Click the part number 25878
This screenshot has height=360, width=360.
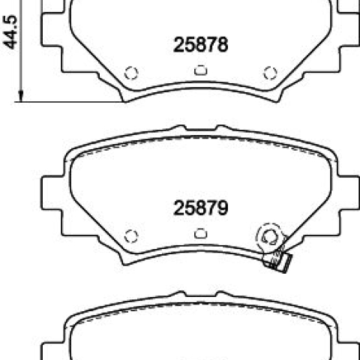pos(200,44)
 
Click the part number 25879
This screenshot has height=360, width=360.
pos(200,208)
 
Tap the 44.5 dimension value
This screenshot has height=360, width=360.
pos(10,32)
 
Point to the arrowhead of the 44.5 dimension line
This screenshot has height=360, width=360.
pos(21,97)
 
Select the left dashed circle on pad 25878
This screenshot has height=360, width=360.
pos(131,73)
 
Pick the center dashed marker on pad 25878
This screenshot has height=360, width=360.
pos(200,70)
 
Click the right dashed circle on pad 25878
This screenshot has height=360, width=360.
pos(270,73)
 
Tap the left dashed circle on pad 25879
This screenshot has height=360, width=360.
pos(131,235)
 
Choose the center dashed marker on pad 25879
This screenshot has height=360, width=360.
pos(200,233)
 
